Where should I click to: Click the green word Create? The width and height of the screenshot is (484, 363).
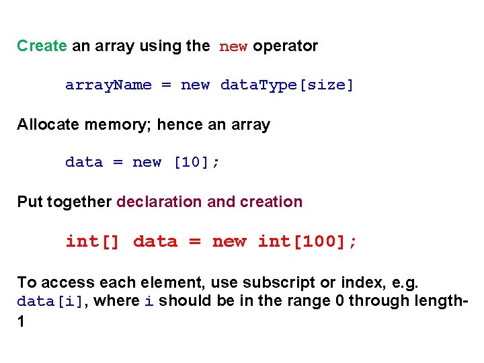point(42,46)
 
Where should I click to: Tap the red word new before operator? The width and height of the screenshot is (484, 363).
point(233,47)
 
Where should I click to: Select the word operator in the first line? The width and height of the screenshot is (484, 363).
point(285,46)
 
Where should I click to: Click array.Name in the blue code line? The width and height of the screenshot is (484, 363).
point(108,85)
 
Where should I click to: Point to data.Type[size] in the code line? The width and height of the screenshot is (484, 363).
point(287,85)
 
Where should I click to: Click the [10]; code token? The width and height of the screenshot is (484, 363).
point(196,163)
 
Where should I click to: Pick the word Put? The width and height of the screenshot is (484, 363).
point(29,202)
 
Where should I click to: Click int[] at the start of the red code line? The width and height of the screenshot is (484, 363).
point(92,241)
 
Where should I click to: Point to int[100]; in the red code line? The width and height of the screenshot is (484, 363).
point(308,241)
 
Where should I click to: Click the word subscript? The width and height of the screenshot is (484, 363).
point(282,282)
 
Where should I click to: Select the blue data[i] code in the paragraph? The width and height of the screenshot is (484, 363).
point(50,302)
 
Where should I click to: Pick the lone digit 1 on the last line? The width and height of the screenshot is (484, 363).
point(21,321)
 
